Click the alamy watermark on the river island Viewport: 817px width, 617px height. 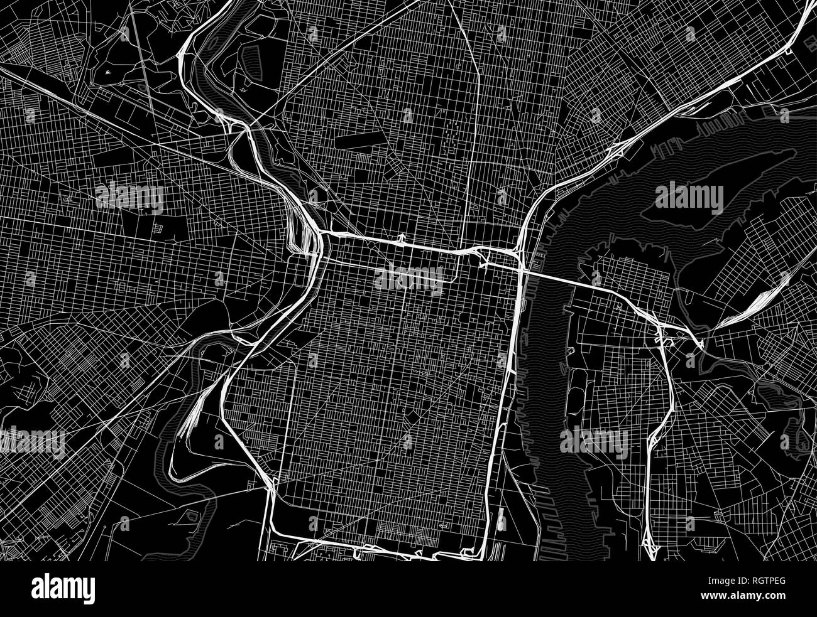coord(688,198)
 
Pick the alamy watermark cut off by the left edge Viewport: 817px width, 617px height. coord(31,439)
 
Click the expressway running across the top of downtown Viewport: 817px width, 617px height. coord(402,243)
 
